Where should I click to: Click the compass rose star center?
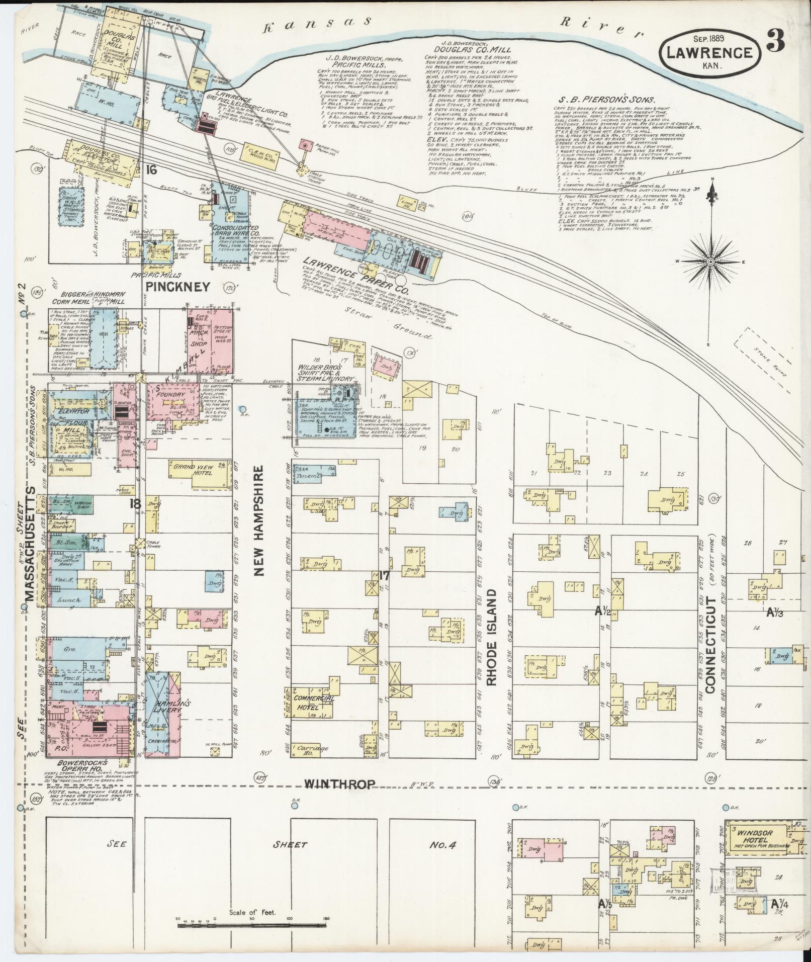click(710, 262)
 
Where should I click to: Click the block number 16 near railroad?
click(150, 170)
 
